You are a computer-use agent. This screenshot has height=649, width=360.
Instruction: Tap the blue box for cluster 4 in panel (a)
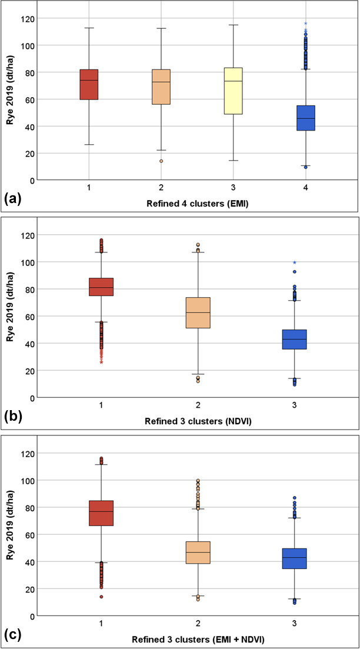coord(306,118)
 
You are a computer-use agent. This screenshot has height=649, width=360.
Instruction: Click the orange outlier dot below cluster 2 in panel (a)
coord(161,161)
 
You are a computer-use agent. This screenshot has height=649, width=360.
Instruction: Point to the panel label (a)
coord(14,199)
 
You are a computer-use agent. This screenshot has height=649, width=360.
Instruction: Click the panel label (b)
coord(14,417)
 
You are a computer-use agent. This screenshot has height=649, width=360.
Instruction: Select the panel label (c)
coord(14,634)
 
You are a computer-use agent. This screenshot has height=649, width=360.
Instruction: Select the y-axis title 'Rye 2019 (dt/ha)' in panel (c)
coord(10,534)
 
